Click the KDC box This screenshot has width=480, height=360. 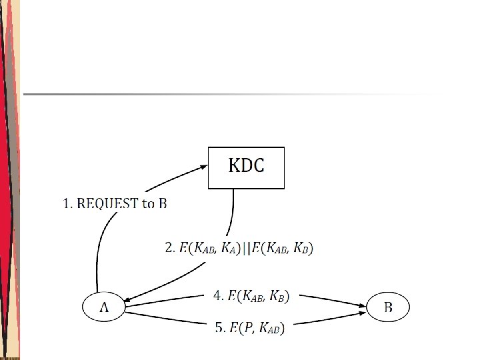[x=246, y=167]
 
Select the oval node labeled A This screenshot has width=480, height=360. [x=103, y=307]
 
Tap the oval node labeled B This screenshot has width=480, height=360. [x=388, y=307]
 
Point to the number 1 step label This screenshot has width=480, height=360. [x=67, y=203]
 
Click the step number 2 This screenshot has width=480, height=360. [x=169, y=249]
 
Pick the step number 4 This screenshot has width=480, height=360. [x=217, y=295]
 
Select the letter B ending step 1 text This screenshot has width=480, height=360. [x=162, y=203]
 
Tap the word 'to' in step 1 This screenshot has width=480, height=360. [x=147, y=203]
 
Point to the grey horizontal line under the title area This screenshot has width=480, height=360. [x=227, y=94]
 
